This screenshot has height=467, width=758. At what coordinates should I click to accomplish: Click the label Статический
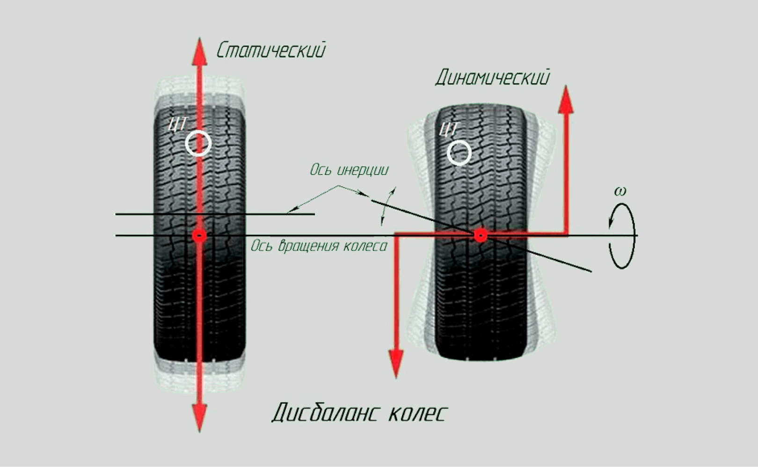pos(271,50)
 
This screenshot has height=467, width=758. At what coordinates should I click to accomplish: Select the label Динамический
pos(492,78)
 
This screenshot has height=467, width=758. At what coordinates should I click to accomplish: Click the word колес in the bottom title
pos(417,414)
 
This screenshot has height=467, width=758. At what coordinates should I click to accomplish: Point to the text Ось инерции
pos(349,170)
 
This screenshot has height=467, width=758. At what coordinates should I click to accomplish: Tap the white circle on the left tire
pos(198,143)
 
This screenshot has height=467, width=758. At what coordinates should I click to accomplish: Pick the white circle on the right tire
pos(459,153)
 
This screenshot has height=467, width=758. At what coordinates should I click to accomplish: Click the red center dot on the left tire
pos(200,235)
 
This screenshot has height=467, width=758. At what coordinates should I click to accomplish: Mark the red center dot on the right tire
pos(480,235)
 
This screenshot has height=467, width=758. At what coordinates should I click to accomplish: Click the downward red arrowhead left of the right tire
pos(396,363)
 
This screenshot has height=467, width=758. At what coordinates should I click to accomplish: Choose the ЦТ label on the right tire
pos(448,129)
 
